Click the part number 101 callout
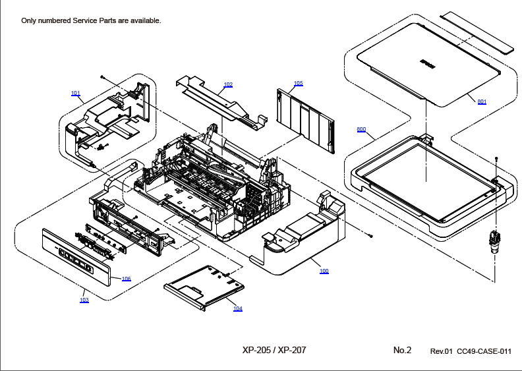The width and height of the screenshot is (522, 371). pos(75,94)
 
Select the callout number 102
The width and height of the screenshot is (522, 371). pos(228,85)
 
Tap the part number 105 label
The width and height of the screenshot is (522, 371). pos(299,84)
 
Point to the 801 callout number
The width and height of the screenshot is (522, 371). pos(482,101)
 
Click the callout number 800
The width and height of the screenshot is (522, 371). pos(361,130)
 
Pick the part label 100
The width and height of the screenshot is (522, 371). pos(324,271)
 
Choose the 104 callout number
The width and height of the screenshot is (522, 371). pos(237,308)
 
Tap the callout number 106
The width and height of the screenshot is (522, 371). pos(126,279)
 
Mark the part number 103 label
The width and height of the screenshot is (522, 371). pos(84,300)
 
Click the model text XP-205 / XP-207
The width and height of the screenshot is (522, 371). pos(274,351)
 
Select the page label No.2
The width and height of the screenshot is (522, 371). pos(402,351)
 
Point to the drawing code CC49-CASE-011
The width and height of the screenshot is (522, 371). pos(484,351)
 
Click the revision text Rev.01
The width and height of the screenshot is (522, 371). pos(442,351)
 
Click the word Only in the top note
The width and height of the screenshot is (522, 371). pos(30,20)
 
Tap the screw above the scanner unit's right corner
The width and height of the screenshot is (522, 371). pos(496,159)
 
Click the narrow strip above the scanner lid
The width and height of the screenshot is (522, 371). pos(476,31)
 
